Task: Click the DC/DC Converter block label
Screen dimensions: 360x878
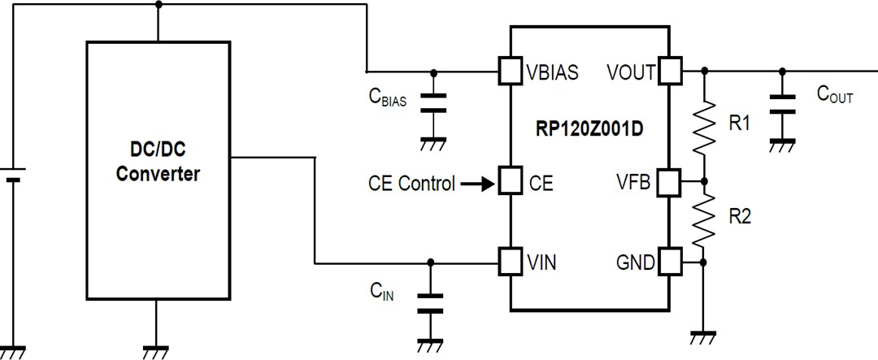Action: tap(158, 161)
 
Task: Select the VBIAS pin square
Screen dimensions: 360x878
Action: tap(510, 71)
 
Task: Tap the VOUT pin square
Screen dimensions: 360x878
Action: tap(669, 71)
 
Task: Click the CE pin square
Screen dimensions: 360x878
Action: tap(510, 182)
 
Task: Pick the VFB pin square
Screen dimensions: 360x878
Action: tap(669, 182)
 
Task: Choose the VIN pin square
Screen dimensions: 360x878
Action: tap(510, 262)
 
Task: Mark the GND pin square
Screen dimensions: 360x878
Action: tap(669, 262)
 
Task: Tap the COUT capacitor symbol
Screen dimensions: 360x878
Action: tap(782, 104)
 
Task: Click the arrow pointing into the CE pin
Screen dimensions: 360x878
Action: tap(478, 184)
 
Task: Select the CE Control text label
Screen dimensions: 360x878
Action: tap(411, 184)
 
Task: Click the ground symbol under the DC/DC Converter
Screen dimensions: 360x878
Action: tap(158, 351)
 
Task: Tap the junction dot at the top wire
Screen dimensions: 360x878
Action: tap(158, 4)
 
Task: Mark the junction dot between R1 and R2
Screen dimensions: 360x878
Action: tap(704, 182)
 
